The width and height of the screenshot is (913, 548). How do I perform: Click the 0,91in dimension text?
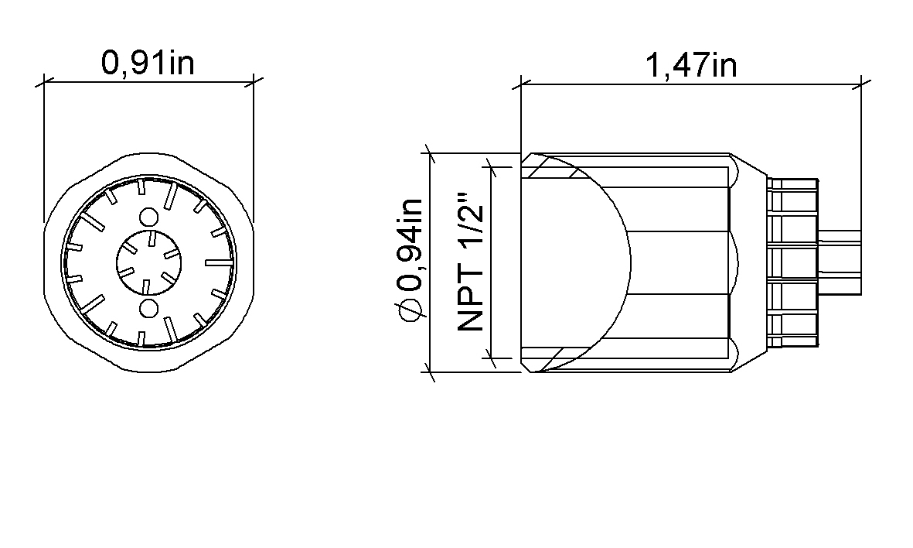pos(148,63)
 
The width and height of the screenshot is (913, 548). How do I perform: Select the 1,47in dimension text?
pos(692,65)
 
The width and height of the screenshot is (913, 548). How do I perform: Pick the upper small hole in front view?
pos(149,217)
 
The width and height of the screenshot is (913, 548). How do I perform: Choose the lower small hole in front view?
pos(149,308)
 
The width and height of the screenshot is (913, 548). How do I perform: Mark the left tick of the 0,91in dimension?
pos(45,82)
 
